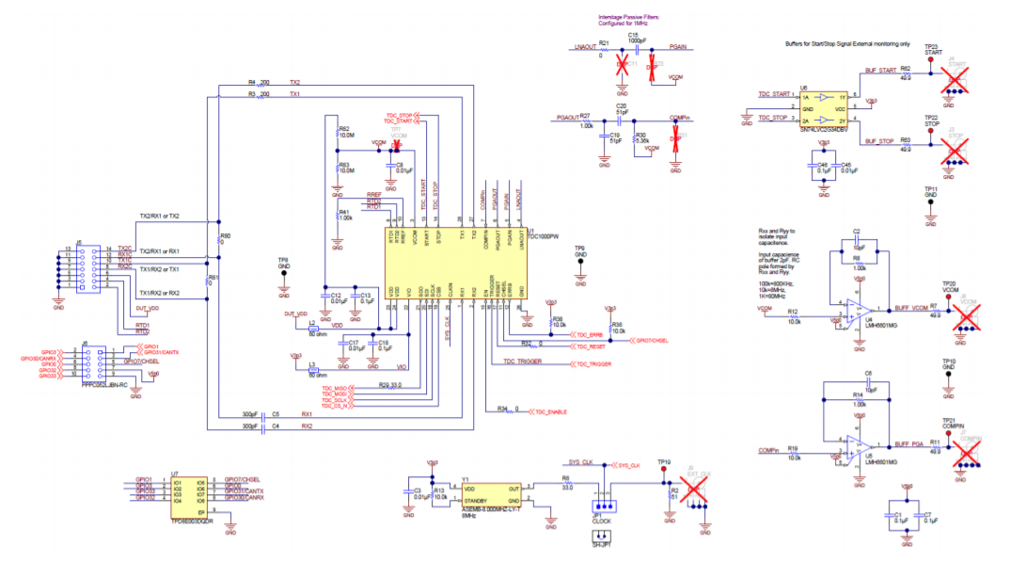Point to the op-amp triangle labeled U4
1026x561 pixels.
[x=857, y=309]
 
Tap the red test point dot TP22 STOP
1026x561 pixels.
[x=930, y=129]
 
